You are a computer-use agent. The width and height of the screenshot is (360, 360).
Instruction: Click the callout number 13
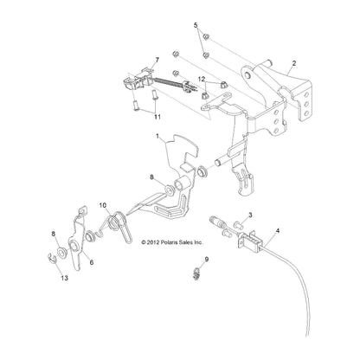pos(64,278)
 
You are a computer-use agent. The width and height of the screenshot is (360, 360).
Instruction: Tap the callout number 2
pos(293,63)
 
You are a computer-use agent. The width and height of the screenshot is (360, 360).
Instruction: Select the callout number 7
pos(157,60)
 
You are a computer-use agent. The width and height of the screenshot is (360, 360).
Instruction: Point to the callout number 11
pos(157,117)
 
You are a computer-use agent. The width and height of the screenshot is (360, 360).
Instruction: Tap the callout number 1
pos(157,136)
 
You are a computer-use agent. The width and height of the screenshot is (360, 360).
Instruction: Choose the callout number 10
pos(103,205)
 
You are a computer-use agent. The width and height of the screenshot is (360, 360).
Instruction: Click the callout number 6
pos(92,262)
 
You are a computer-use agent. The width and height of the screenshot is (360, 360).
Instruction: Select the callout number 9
pos(207,260)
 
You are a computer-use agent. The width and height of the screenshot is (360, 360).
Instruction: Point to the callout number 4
pos(278,230)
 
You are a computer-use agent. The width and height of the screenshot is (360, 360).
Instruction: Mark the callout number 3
pos(250,215)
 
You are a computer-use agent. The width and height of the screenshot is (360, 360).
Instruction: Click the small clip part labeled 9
pos(196,273)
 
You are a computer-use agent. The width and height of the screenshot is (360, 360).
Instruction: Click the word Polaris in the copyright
pos(164,242)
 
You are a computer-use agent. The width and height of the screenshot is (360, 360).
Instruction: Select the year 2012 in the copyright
pos(151,242)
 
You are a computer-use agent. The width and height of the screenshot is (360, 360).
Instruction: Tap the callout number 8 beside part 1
pos(151,177)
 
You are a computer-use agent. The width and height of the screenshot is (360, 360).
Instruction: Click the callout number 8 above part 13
pos(54,234)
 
